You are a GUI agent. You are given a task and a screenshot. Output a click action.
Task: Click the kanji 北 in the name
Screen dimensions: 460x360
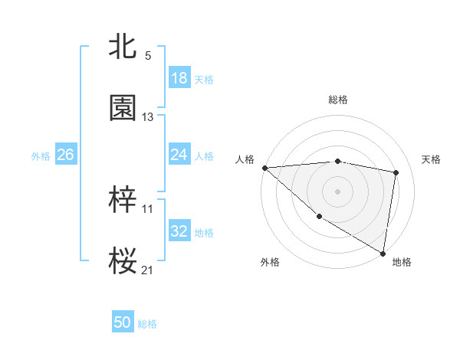click(123, 47)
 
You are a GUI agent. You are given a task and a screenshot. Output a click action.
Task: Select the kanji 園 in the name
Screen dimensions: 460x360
click(123, 108)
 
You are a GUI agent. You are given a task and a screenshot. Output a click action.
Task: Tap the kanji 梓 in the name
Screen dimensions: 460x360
click(123, 201)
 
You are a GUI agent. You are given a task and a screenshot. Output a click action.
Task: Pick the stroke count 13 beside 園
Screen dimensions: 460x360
click(148, 117)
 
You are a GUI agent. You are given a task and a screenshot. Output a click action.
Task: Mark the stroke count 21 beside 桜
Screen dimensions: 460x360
click(148, 270)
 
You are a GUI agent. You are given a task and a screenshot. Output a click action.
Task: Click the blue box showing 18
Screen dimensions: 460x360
click(179, 78)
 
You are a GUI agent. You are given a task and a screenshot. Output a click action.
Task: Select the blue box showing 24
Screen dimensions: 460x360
click(179, 155)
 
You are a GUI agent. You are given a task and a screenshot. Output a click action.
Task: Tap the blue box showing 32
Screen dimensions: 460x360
click(179, 231)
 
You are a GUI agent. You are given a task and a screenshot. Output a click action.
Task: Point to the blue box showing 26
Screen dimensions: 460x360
click(65, 155)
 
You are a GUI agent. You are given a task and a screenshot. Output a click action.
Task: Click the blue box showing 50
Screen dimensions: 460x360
click(123, 323)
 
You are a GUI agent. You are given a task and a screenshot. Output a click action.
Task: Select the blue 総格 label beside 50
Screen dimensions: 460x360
click(147, 324)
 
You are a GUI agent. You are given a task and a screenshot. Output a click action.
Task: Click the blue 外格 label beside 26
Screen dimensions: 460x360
click(41, 155)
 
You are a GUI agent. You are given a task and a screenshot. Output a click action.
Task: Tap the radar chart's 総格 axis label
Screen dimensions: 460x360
click(338, 100)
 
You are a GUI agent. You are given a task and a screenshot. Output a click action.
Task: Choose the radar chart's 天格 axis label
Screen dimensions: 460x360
click(432, 159)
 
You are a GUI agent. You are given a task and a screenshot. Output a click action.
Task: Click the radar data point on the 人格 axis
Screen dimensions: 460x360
click(264, 168)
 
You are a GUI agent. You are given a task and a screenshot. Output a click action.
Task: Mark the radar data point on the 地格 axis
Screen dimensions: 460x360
click(383, 253)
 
